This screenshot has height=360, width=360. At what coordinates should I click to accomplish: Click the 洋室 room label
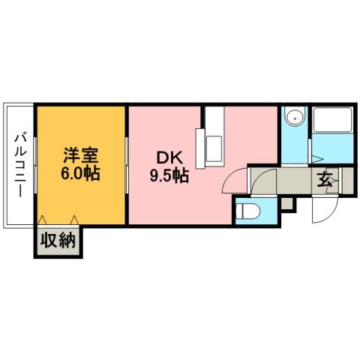(82, 157)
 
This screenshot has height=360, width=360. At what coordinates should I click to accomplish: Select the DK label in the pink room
(166, 158)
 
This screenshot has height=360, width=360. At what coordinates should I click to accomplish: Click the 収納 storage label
(58, 241)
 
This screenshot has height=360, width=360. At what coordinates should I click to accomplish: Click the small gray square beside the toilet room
(289, 202)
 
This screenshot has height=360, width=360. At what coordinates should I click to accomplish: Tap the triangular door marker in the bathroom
(316, 157)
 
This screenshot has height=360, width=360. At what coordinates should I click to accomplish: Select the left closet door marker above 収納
(43, 220)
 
